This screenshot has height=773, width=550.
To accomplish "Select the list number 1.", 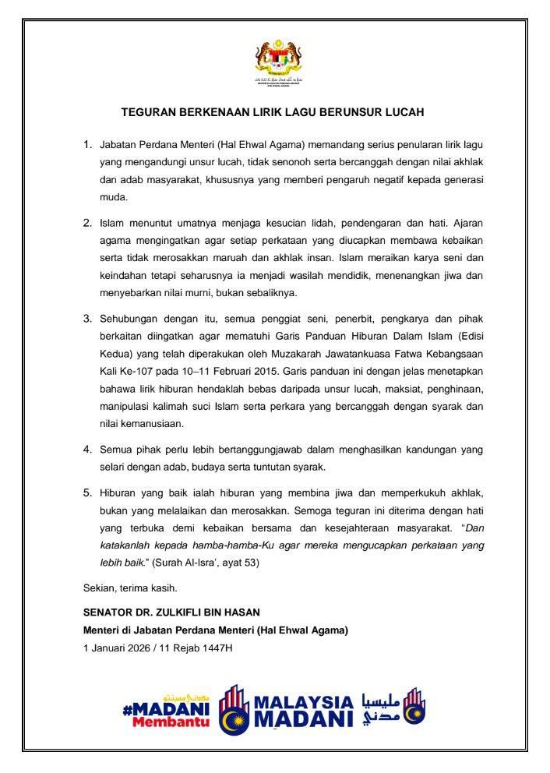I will coord(87,145).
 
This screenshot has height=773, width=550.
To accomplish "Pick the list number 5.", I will coord(87,494).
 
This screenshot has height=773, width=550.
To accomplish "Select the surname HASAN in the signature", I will coord(237,613).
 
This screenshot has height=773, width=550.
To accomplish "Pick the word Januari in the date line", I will coord(110,648).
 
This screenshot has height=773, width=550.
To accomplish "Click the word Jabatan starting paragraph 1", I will coord(118,145).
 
